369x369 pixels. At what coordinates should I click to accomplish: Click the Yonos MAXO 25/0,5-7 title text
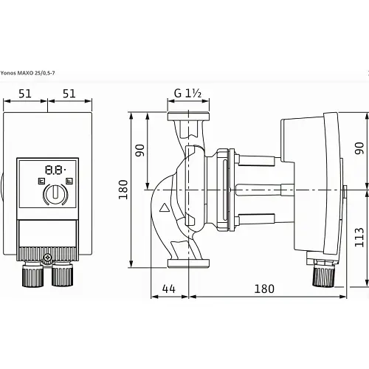pos(27,73)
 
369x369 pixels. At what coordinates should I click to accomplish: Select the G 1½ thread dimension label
pos(187,93)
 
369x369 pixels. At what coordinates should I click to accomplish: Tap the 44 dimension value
pos(169,289)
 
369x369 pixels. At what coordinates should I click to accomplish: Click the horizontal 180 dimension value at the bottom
pos(264,289)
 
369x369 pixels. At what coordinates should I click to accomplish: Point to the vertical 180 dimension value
pos(123,190)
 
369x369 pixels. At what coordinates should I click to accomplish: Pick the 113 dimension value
pos(359,237)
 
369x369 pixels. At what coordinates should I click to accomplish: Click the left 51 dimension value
pos(25,94)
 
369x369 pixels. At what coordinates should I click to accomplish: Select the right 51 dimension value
pos(69,94)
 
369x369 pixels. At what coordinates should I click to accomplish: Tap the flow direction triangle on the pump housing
pos(164,208)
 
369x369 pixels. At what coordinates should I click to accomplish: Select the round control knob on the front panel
pos(56,193)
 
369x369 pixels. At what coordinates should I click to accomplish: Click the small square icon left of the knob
pos(41,182)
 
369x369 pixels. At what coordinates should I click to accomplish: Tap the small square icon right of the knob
pos(69,182)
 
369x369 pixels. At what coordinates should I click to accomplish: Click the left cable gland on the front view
pos(33,275)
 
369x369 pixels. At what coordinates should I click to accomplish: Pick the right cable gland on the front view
pos(62,275)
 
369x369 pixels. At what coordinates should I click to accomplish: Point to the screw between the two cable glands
pos(47,258)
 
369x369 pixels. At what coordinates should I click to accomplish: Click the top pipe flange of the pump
pos(188,117)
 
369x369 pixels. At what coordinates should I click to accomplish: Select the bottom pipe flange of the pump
pos(188,263)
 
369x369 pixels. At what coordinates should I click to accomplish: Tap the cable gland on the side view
pos(323,275)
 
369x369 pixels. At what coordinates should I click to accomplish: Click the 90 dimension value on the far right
pos(359,148)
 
